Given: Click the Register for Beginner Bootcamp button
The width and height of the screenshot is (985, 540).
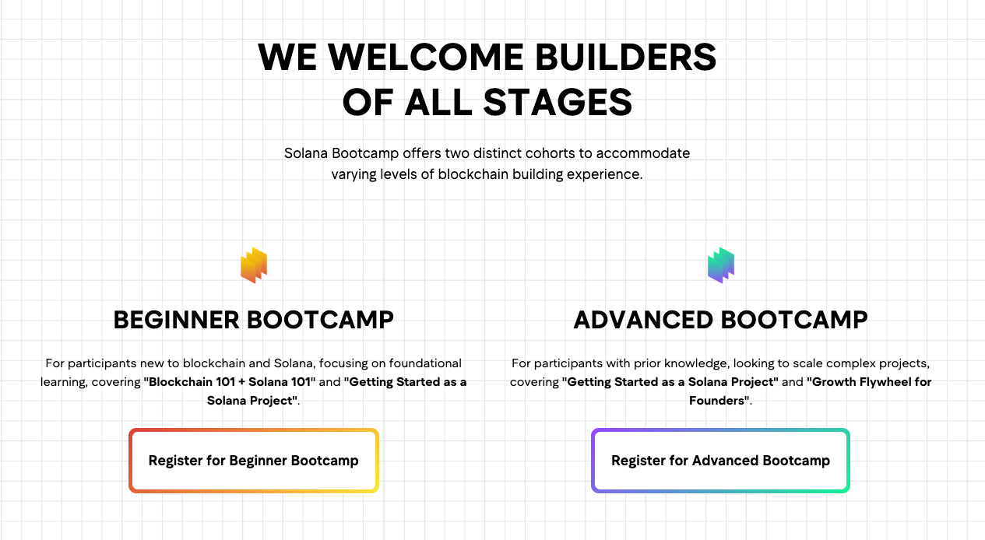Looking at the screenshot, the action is (253, 461).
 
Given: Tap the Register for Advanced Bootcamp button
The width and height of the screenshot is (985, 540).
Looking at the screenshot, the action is (720, 461).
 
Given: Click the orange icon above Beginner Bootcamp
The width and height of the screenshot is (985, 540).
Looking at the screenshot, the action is (254, 265).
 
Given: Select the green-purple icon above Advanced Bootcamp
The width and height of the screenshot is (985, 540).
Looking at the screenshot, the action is (721, 265).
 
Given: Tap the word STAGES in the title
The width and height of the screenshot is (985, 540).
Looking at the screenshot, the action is (558, 102).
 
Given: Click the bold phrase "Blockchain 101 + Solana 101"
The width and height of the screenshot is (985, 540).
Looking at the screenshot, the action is (230, 382).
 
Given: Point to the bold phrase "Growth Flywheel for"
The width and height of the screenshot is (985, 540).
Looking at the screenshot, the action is (869, 382).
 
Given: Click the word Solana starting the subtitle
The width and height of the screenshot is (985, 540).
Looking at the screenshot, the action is (305, 153).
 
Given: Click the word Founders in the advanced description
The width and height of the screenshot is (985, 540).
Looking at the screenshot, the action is (718, 401).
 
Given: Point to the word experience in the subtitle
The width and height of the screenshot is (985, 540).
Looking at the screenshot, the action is (605, 174).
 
